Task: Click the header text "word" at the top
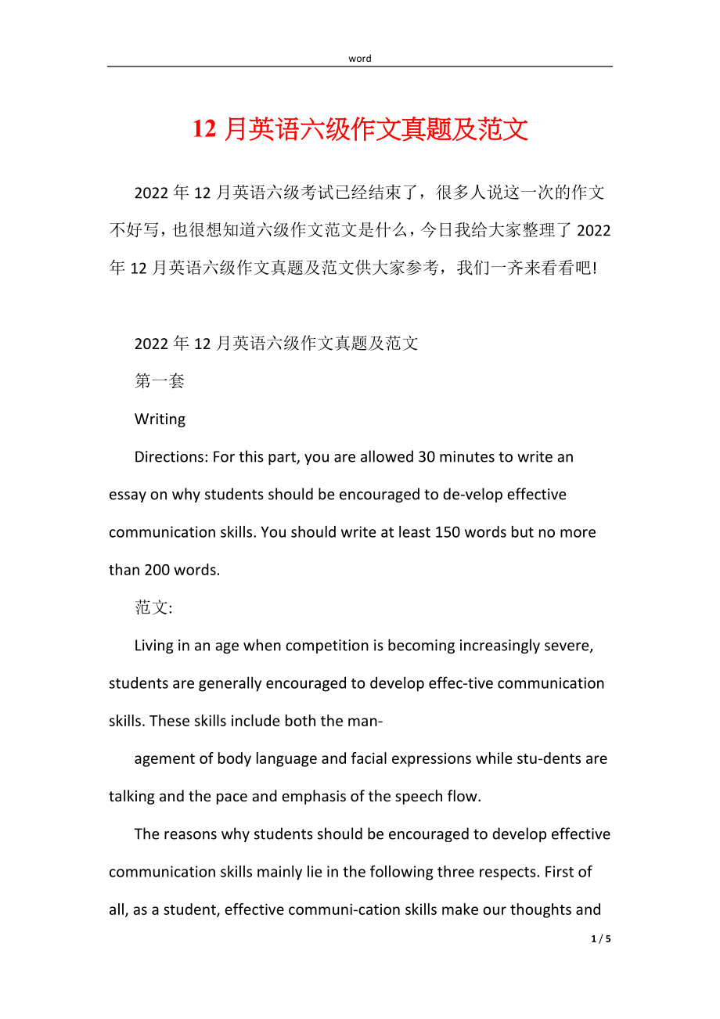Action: [x=360, y=59]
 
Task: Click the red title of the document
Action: [x=360, y=129]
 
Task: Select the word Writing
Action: [x=160, y=419]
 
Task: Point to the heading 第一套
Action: [x=160, y=382]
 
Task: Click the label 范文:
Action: [x=153, y=608]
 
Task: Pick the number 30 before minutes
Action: [x=427, y=457]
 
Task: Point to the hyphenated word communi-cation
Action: [x=322, y=909]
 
